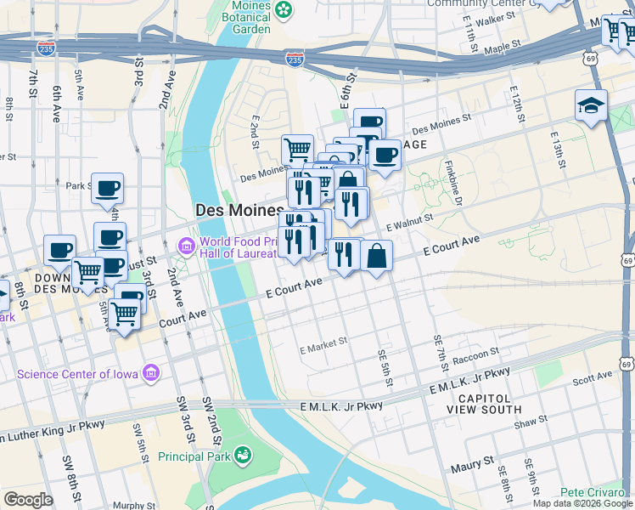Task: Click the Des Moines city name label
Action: [239, 210]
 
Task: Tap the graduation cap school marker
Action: [591, 106]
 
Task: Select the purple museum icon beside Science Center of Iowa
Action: [151, 373]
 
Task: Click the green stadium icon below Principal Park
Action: [244, 456]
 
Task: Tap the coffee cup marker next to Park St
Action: [107, 190]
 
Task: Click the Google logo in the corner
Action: [28, 500]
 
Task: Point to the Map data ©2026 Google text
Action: [582, 503]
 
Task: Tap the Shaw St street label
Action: [531, 422]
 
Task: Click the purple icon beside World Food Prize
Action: [186, 246]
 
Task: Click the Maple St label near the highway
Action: [502, 47]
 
